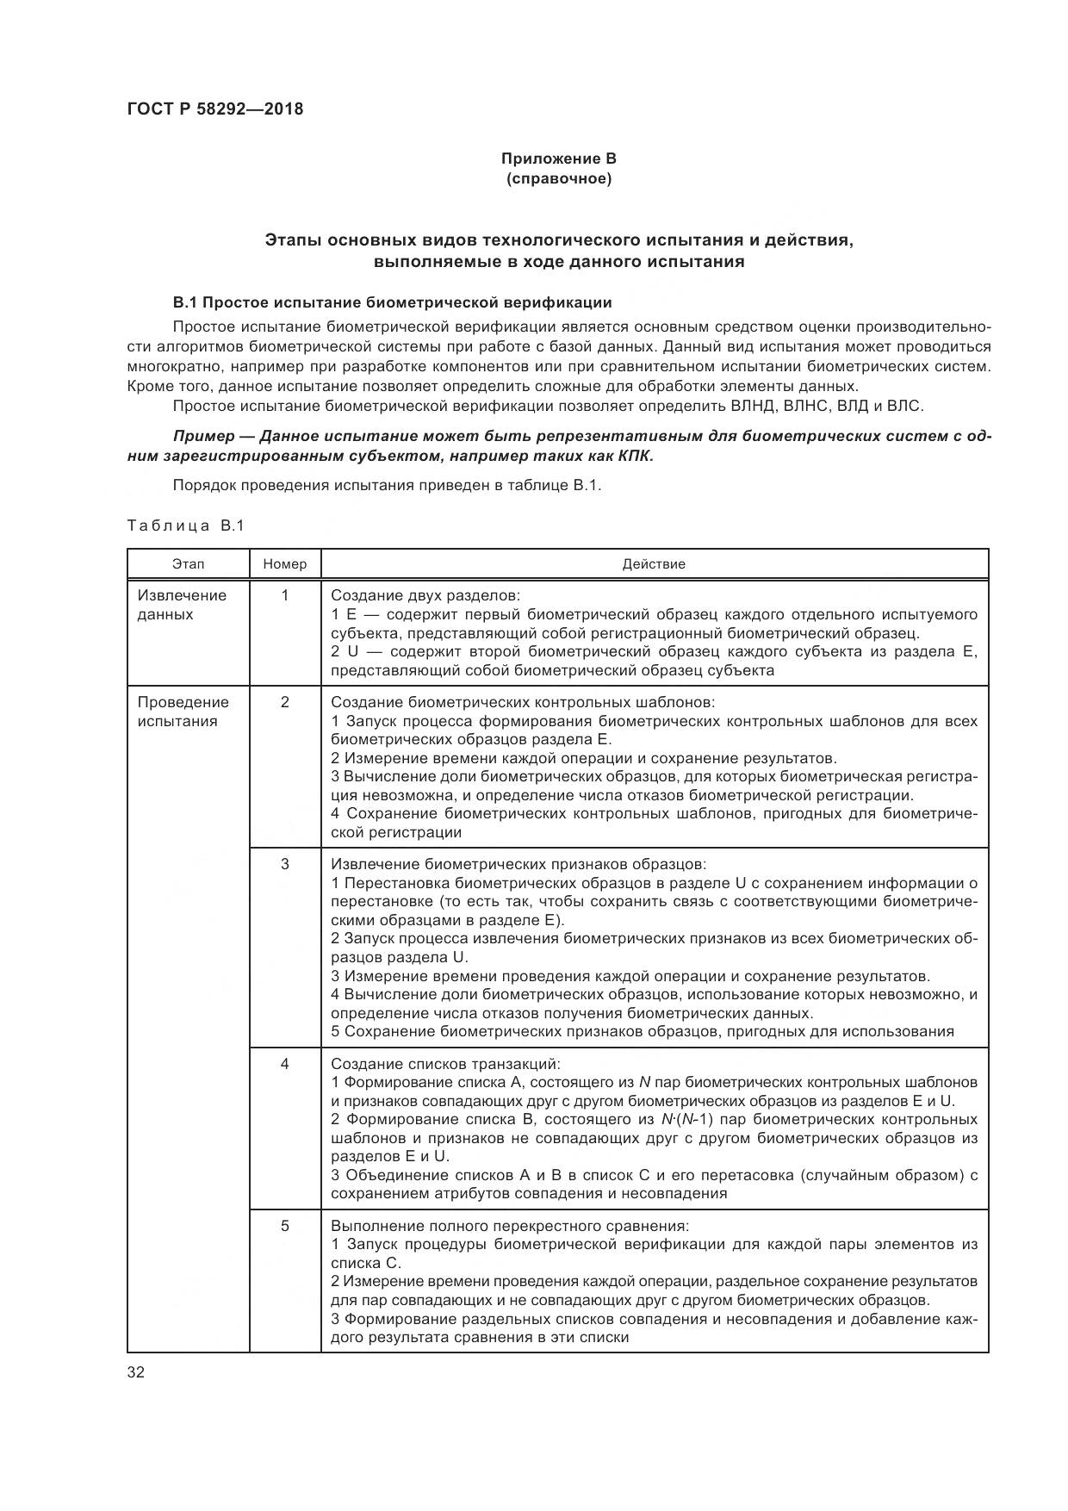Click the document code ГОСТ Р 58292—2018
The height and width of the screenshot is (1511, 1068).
(214, 109)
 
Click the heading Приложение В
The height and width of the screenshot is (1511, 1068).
(559, 159)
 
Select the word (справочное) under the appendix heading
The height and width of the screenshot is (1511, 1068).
(559, 179)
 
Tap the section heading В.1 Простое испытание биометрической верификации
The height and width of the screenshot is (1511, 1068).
(392, 302)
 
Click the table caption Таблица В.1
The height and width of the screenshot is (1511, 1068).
(186, 525)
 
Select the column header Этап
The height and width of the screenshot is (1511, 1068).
(189, 564)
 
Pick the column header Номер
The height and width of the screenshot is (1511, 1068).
(285, 564)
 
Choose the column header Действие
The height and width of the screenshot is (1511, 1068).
(654, 564)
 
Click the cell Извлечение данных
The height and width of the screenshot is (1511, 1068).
(182, 605)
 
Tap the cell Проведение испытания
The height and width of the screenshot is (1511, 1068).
(183, 712)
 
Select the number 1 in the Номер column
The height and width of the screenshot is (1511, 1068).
(285, 595)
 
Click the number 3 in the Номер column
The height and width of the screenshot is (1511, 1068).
(285, 864)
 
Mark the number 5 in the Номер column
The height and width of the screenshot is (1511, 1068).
(285, 1226)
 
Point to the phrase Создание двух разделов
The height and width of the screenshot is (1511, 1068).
(425, 595)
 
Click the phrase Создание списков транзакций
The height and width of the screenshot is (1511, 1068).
(445, 1064)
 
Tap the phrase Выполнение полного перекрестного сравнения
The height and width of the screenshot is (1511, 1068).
(510, 1226)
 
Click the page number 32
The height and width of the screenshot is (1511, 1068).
(136, 1373)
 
